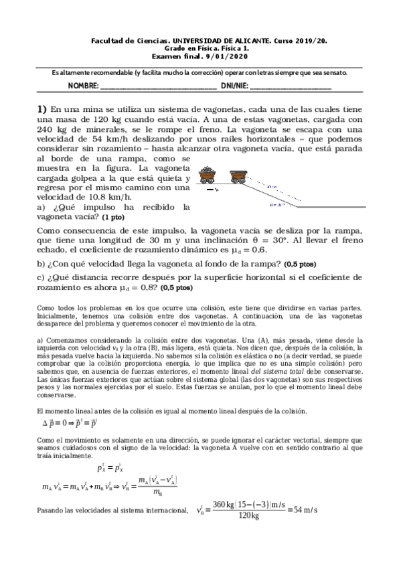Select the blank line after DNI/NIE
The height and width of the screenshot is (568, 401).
point(291,87)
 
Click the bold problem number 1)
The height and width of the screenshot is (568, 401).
point(42,109)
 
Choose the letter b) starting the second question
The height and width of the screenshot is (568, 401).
point(41,264)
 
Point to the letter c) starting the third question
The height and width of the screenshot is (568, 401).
point(41,277)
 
